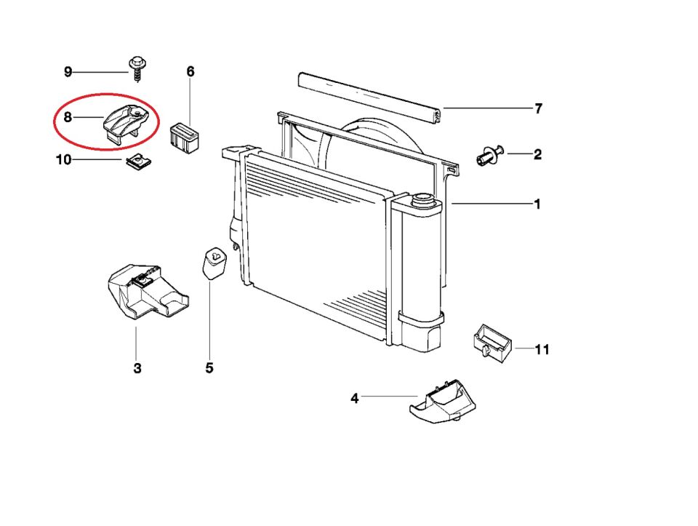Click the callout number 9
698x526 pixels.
[x=68, y=71]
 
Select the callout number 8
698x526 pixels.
[x=68, y=116]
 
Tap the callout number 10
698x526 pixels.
[x=64, y=159]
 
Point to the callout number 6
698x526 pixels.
[x=190, y=71]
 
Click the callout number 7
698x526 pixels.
[x=538, y=109]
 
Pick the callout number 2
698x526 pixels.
[x=537, y=154]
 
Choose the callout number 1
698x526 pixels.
[x=537, y=204]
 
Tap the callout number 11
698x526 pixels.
[x=542, y=350]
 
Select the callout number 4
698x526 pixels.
[x=354, y=398]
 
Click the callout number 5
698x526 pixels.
[x=209, y=368]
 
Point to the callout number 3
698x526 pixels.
[x=137, y=368]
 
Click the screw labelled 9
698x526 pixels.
[x=137, y=65]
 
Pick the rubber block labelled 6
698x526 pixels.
[x=185, y=137]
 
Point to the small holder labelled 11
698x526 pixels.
[x=491, y=342]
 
